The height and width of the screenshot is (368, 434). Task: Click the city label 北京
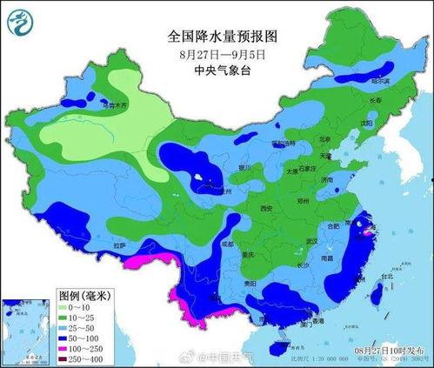(324, 139)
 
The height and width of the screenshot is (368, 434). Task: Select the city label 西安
(266, 209)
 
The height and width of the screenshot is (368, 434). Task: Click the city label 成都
(228, 244)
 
